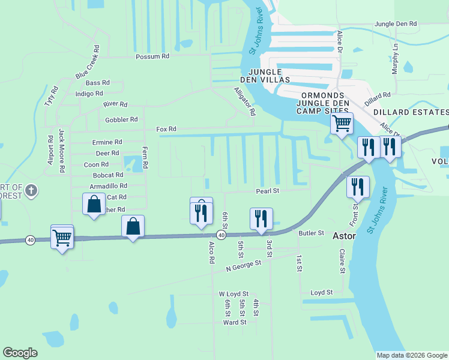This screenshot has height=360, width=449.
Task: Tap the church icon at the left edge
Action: pos(32,191)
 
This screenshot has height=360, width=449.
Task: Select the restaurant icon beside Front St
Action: pos(358,187)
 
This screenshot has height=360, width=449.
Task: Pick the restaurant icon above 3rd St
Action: pos(261,219)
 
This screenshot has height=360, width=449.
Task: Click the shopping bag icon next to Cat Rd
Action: pos(94,205)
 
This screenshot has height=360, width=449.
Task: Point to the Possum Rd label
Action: pos(152,56)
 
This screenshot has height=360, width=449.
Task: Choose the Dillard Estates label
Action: pos(411,112)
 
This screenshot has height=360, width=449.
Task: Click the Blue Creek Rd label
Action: pos(88,62)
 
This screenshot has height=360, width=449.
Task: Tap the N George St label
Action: pos(244,265)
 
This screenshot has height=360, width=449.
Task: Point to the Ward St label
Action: pos(235,322)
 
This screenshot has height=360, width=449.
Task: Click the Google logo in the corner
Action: pos(20,353)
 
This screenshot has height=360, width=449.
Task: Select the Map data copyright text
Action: pos(411,355)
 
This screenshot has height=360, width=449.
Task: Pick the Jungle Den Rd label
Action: pos(395,24)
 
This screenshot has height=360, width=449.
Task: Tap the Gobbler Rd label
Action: pos(121,119)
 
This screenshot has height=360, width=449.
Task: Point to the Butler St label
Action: pos(312,233)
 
